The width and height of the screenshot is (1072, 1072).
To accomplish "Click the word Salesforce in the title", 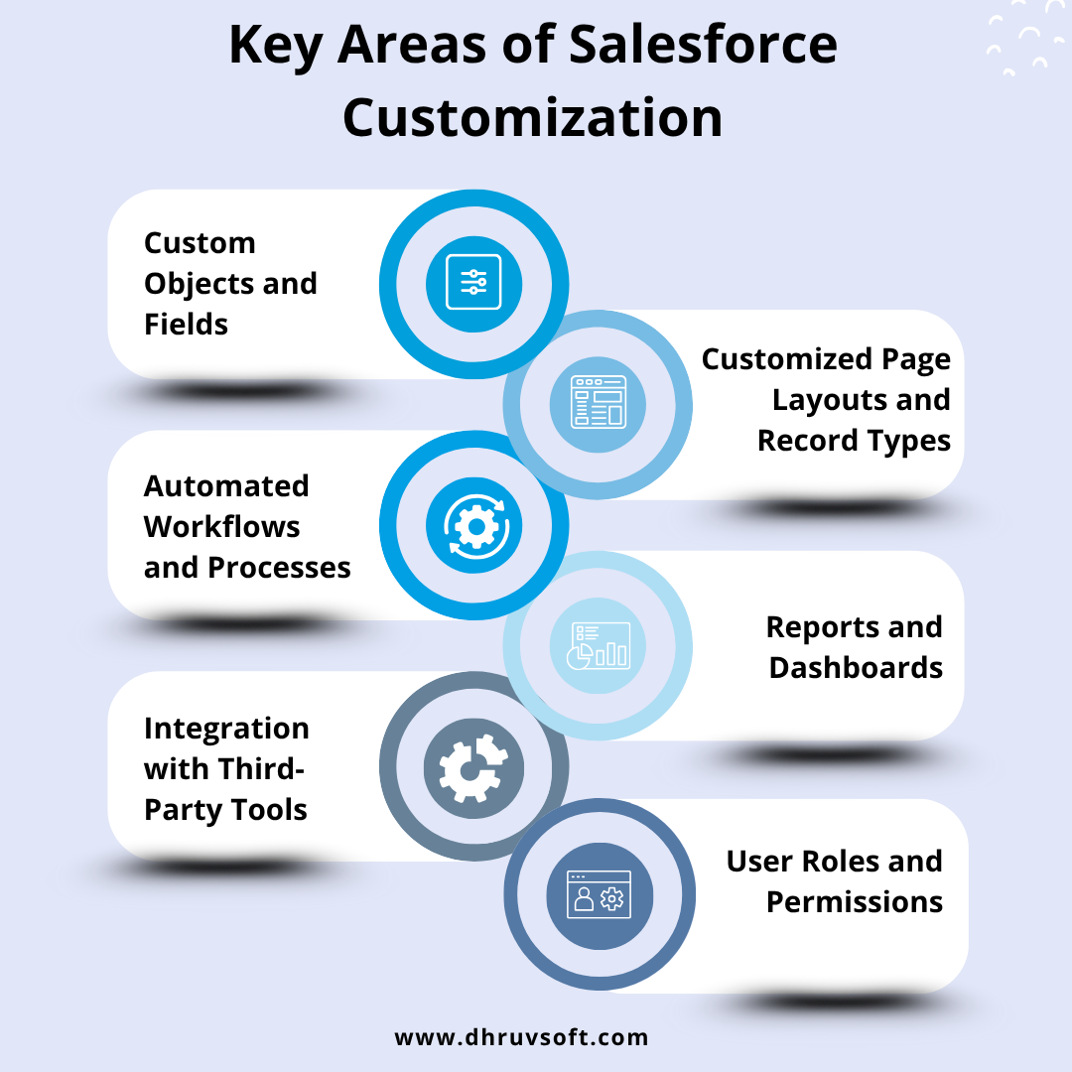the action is (703, 45).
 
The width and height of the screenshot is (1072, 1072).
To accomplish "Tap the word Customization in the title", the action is (533, 117).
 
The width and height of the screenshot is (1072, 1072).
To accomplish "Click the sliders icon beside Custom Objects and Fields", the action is (473, 282).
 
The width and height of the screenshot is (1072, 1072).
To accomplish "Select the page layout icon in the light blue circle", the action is (599, 401).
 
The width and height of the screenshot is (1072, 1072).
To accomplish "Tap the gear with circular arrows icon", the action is (475, 526).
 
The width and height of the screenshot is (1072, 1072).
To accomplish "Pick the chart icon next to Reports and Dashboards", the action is (599, 645).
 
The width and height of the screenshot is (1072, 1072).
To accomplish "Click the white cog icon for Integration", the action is (473, 768).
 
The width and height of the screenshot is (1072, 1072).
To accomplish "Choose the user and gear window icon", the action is (599, 894).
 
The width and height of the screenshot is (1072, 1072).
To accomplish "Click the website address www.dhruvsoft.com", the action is (522, 1037).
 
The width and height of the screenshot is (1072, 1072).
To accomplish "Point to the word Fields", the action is (186, 324).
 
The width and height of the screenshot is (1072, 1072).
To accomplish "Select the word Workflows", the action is (222, 527).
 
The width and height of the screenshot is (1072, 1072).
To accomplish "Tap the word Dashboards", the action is (856, 668).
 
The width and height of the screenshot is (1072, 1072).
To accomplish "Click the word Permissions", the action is (855, 902).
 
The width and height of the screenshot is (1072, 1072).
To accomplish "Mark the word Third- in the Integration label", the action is (258, 769).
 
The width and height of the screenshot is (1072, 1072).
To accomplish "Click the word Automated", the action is (226, 486).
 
